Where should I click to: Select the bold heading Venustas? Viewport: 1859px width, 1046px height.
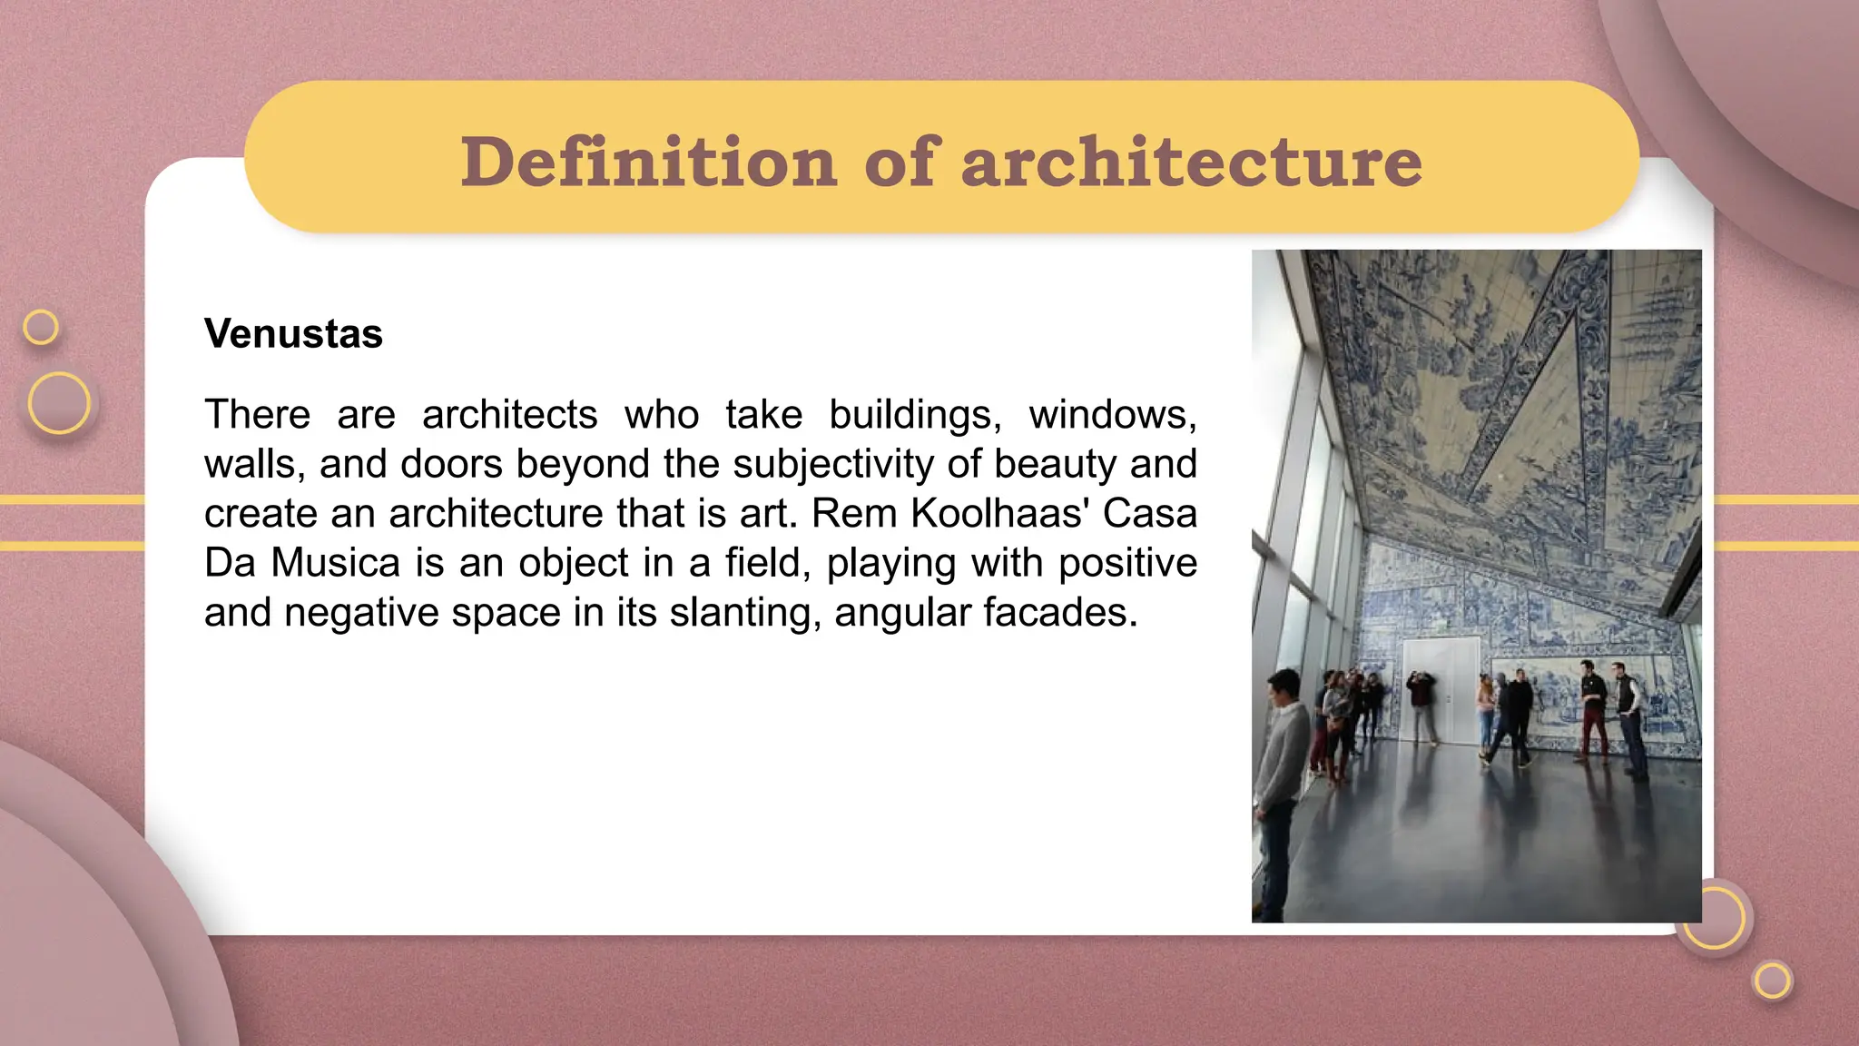click(x=293, y=333)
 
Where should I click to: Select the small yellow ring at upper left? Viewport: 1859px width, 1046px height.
click(x=41, y=327)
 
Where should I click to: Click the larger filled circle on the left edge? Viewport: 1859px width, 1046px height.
click(x=59, y=402)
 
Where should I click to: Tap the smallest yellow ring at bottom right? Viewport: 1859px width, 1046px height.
click(x=1772, y=981)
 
